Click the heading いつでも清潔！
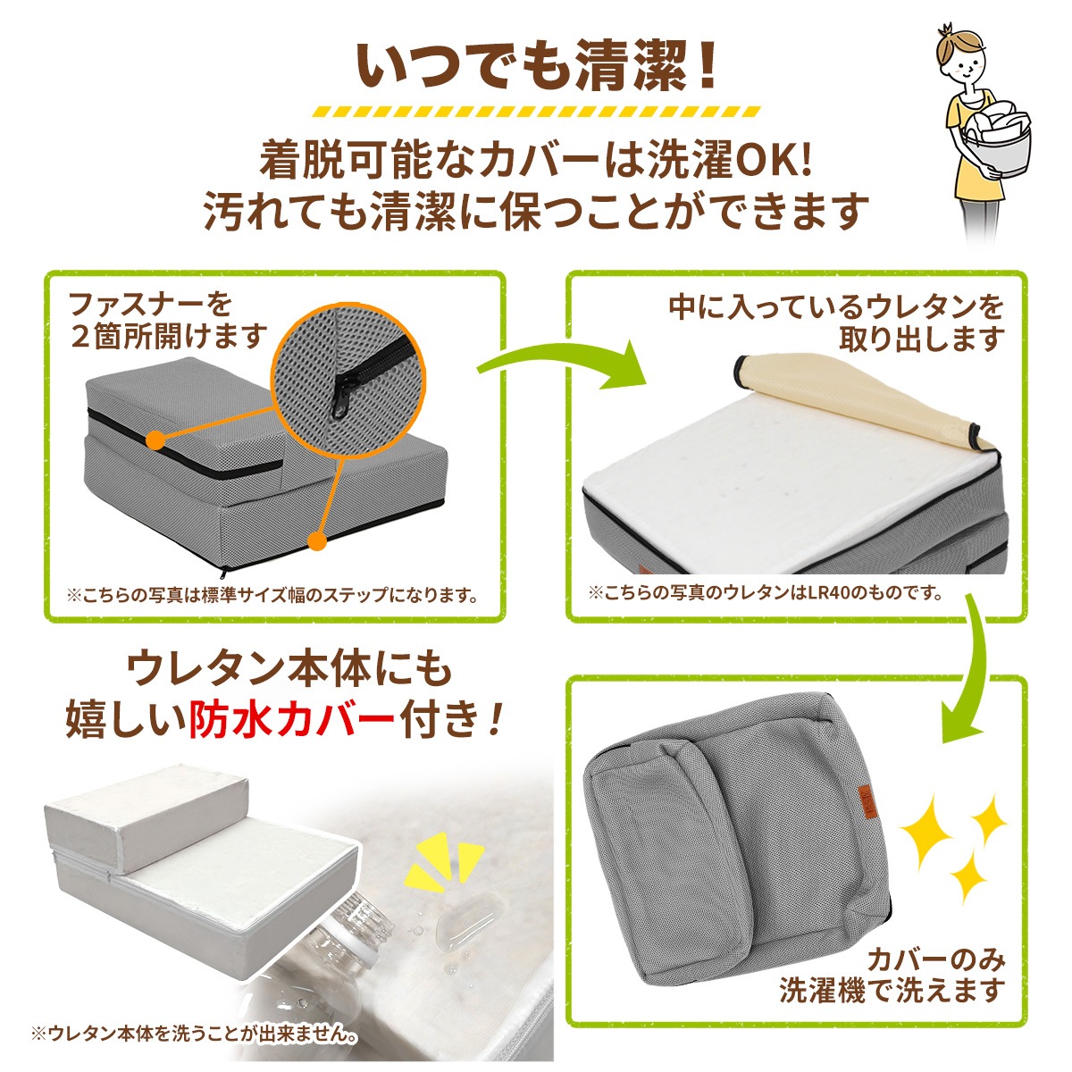click(x=537, y=64)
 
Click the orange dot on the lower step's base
click(x=314, y=540)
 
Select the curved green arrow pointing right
click(x=563, y=362)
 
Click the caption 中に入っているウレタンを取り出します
click(x=836, y=322)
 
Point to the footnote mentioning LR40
click(x=765, y=592)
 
